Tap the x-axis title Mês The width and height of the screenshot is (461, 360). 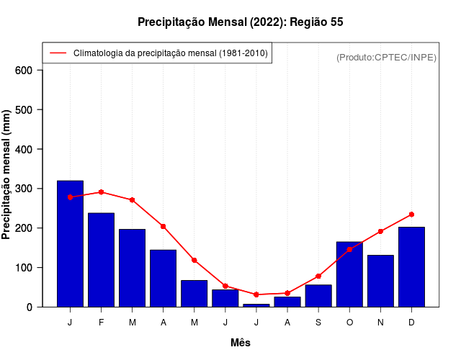click(x=241, y=343)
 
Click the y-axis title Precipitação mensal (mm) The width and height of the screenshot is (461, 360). click(x=6, y=174)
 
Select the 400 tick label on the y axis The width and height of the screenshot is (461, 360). click(x=24, y=149)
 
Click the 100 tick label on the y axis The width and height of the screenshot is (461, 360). click(x=24, y=268)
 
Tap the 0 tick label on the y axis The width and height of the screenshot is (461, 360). click(x=30, y=307)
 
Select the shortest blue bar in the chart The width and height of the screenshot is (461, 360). click(x=256, y=305)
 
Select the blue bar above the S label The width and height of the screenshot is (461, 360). click(x=318, y=296)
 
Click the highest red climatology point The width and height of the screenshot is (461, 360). click(x=101, y=192)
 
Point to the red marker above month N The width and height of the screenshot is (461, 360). click(x=380, y=231)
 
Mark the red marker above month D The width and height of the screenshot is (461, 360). click(x=411, y=215)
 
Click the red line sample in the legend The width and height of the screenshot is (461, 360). click(x=58, y=53)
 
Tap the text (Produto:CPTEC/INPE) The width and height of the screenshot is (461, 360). click(x=386, y=57)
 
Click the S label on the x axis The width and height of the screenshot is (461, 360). click(x=318, y=323)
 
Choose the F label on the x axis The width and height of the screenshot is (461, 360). click(x=101, y=323)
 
